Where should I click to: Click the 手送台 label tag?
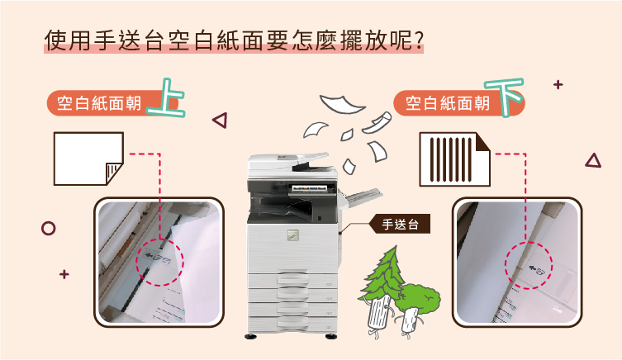(x=400, y=224)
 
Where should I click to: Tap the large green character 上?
(x=166, y=97)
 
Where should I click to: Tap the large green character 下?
(x=505, y=97)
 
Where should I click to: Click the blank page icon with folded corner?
(x=88, y=159)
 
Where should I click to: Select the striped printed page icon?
(x=454, y=159)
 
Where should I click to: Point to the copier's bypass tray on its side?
(x=362, y=197)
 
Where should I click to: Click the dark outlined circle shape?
(x=49, y=229)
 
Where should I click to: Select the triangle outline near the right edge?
(x=593, y=160)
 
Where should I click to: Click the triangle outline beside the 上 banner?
(x=220, y=120)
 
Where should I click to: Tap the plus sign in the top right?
(x=558, y=84)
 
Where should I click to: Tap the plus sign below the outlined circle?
(x=64, y=274)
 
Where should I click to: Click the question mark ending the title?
(x=418, y=40)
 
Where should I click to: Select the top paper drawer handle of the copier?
(x=292, y=280)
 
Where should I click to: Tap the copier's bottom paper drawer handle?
(x=292, y=323)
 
